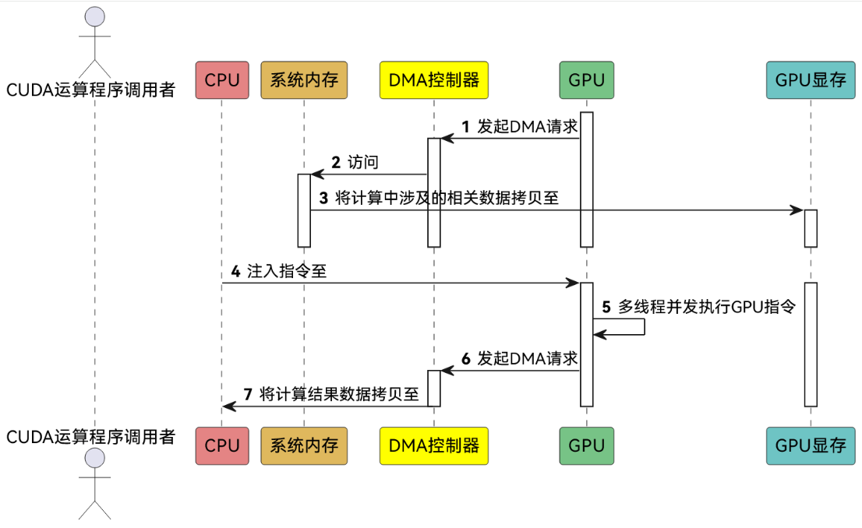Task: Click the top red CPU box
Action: tap(221, 79)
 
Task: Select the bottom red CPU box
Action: tap(221, 445)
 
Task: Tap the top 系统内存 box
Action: tap(304, 79)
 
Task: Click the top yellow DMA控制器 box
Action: tap(433, 79)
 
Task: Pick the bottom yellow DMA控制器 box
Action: tap(433, 445)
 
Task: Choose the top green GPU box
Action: tap(586, 79)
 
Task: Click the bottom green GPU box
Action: tap(586, 445)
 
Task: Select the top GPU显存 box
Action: tap(811, 79)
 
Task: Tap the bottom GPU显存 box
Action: tap(811, 445)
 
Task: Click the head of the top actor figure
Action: tap(94, 16)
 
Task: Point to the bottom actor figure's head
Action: tap(94, 459)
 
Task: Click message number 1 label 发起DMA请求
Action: tap(527, 126)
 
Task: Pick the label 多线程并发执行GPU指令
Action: tap(706, 307)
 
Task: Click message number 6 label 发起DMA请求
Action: tap(527, 358)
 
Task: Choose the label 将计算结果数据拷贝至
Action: tap(340, 394)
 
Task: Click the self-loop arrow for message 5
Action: tap(643, 326)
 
